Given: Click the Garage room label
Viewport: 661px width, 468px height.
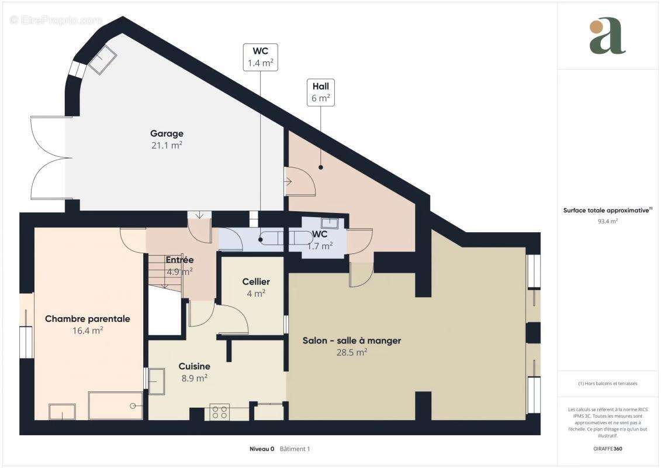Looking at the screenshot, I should (x=167, y=133).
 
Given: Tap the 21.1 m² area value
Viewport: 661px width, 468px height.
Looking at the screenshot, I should (x=167, y=146).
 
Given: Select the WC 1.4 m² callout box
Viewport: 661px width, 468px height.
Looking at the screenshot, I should (x=260, y=57).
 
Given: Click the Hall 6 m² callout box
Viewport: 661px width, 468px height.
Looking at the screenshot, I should (x=320, y=92).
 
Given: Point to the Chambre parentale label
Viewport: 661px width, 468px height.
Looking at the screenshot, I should (x=87, y=319).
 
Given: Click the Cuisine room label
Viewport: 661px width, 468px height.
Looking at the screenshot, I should (x=194, y=366).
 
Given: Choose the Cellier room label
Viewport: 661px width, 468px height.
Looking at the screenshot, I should (x=256, y=281).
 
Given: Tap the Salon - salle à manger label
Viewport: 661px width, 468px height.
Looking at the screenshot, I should (x=351, y=340).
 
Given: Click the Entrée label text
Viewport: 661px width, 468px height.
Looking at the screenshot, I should (x=179, y=260).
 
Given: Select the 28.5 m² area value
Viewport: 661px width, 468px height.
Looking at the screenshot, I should (x=351, y=352).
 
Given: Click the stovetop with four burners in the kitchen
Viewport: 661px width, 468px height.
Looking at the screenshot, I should (x=219, y=412).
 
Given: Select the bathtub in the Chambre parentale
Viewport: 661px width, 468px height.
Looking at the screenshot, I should (x=115, y=405).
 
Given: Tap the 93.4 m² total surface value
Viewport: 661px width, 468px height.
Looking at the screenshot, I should (x=608, y=221).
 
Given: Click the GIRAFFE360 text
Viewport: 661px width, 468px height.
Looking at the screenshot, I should (x=608, y=449).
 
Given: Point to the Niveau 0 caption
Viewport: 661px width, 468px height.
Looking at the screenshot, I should (x=262, y=449).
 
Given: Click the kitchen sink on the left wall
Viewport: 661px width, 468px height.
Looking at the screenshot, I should (x=157, y=381).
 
